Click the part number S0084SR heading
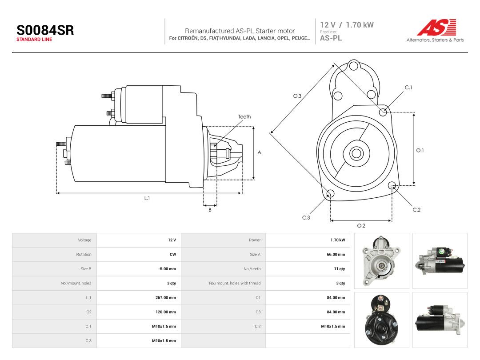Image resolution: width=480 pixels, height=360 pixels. coord(45,30)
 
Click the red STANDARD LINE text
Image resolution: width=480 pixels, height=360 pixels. coord(34,40)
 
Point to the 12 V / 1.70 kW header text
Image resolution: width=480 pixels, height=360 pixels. coord(347,25)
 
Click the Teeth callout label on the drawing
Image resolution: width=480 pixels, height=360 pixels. coord(244,116)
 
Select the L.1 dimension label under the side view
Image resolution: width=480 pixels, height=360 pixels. coord(147,198)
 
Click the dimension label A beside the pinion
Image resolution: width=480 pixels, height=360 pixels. coord(259,152)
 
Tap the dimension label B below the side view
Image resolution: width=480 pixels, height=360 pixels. coord(210,210)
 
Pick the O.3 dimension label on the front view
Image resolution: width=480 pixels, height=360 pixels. coord(297,96)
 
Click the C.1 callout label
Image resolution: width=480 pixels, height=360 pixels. coord(408,88)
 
